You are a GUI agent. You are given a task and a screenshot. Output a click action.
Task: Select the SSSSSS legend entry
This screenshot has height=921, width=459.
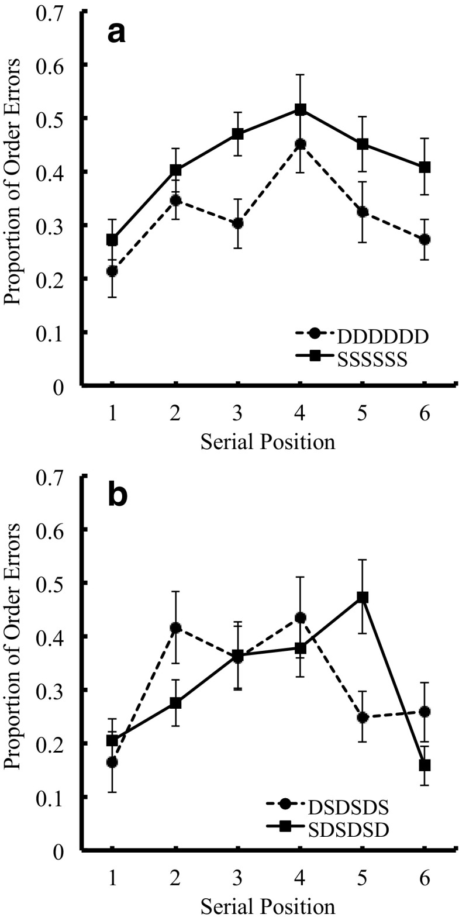[x=372, y=361]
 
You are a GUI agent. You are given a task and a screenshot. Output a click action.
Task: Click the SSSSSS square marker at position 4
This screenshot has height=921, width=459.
[x=301, y=109]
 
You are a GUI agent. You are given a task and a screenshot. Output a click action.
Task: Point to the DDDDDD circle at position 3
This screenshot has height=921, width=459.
[x=237, y=223]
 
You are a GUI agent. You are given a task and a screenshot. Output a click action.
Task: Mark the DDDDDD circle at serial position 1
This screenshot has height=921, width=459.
[x=112, y=271]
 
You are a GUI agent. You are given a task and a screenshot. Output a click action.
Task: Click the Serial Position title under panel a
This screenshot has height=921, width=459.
[x=268, y=441]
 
